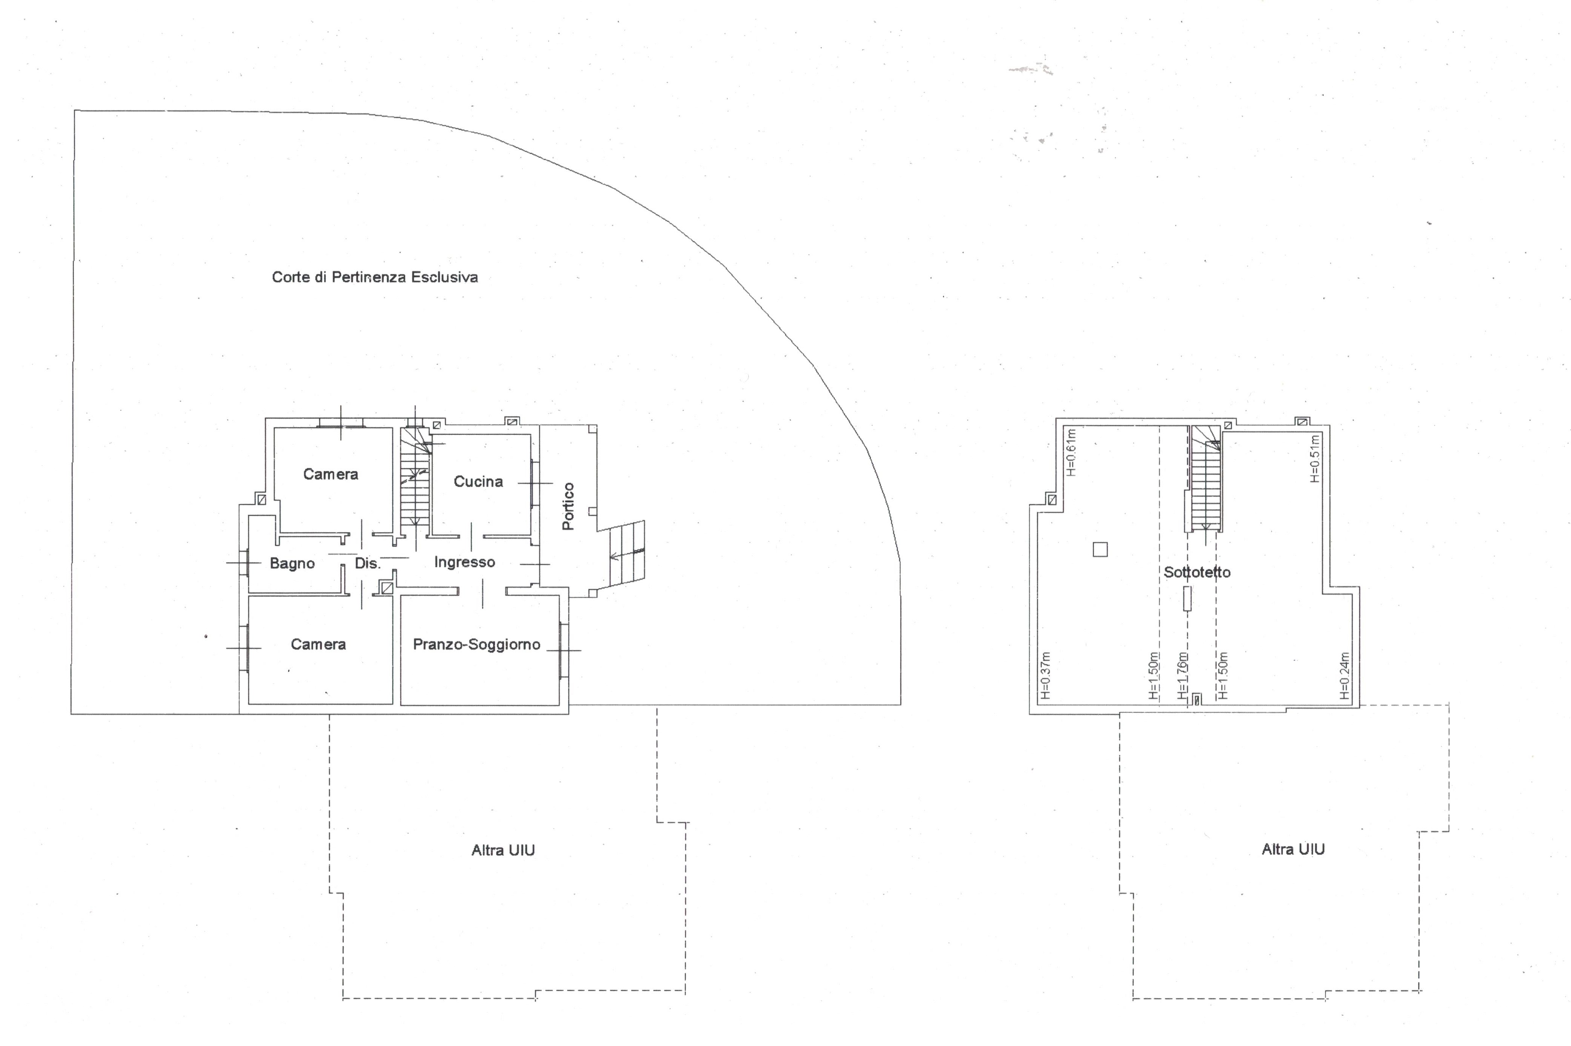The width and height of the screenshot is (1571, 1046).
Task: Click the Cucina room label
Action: coord(478,481)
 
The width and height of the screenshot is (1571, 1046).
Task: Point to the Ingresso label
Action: coord(464,562)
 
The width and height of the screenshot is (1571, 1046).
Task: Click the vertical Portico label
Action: coord(568,506)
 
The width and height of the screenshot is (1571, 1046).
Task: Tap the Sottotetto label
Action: coord(1197,572)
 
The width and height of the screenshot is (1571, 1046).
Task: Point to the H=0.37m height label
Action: coord(1045,675)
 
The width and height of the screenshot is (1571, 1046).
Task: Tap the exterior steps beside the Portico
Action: coord(627,559)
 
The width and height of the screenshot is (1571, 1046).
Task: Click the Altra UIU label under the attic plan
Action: coord(1293,849)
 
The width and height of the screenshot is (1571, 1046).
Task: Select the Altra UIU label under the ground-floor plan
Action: coord(503,850)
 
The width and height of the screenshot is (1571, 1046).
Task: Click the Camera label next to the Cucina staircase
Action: coord(330,474)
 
